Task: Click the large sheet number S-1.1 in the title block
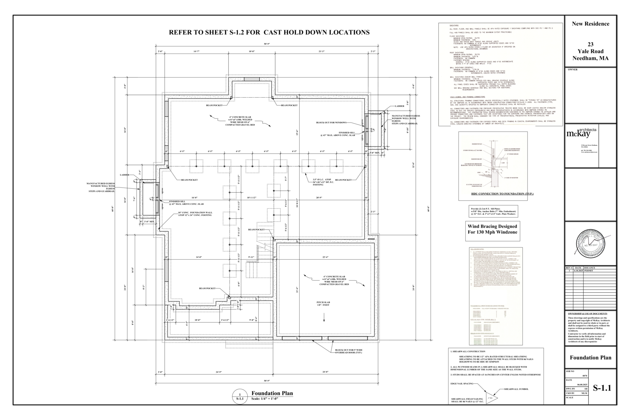coord(602,388)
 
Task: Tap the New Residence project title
coord(590,24)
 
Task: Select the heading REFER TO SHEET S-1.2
coord(269,32)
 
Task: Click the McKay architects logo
coord(581,133)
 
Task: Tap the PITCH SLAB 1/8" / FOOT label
coord(324,304)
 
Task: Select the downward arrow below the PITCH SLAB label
coord(324,317)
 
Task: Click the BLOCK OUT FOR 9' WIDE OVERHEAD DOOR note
coord(348,351)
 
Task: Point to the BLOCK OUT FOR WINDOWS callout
coord(331,123)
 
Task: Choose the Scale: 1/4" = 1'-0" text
coord(265,399)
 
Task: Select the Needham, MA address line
coord(590,58)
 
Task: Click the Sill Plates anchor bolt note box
coord(493,211)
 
